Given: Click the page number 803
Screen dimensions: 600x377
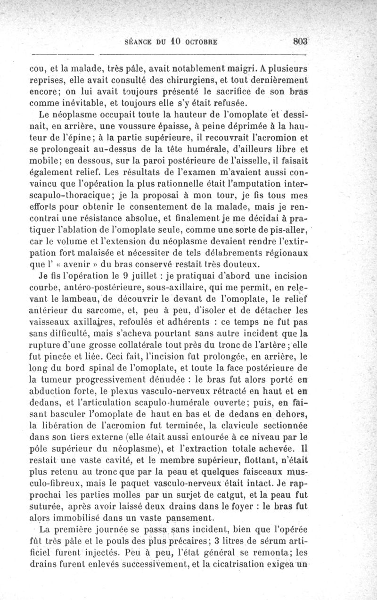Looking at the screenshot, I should click(301, 41).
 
